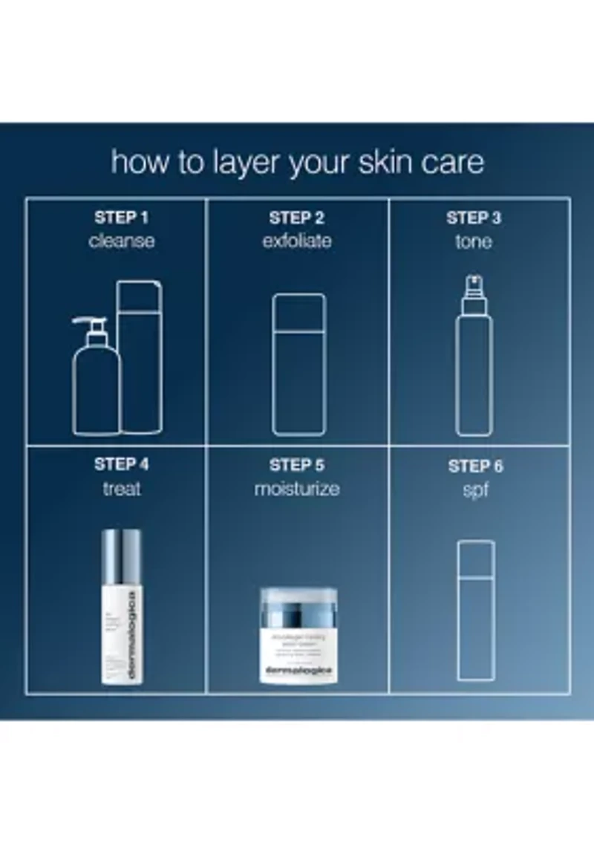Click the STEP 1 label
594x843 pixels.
pos(122,218)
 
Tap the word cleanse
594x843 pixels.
pos(122,241)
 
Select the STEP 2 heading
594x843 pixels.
pos(297,218)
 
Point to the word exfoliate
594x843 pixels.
pos(297,241)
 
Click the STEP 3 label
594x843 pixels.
pos(474,218)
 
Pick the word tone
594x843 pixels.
pos(474,241)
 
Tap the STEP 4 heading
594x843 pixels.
pos(122,465)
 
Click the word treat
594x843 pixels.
pos(122,489)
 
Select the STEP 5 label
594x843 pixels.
pos(297,466)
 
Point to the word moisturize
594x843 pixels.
pos(297,489)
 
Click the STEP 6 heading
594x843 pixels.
pos(475,466)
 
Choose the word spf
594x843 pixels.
pos(475,490)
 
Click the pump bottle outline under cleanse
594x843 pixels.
pos(96,379)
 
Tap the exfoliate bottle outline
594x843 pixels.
pos(298,364)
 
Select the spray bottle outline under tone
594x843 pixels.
pos(474,357)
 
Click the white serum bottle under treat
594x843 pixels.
pos(122,606)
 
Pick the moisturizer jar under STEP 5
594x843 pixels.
pos(298,635)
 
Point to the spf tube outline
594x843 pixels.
pos(476,609)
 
